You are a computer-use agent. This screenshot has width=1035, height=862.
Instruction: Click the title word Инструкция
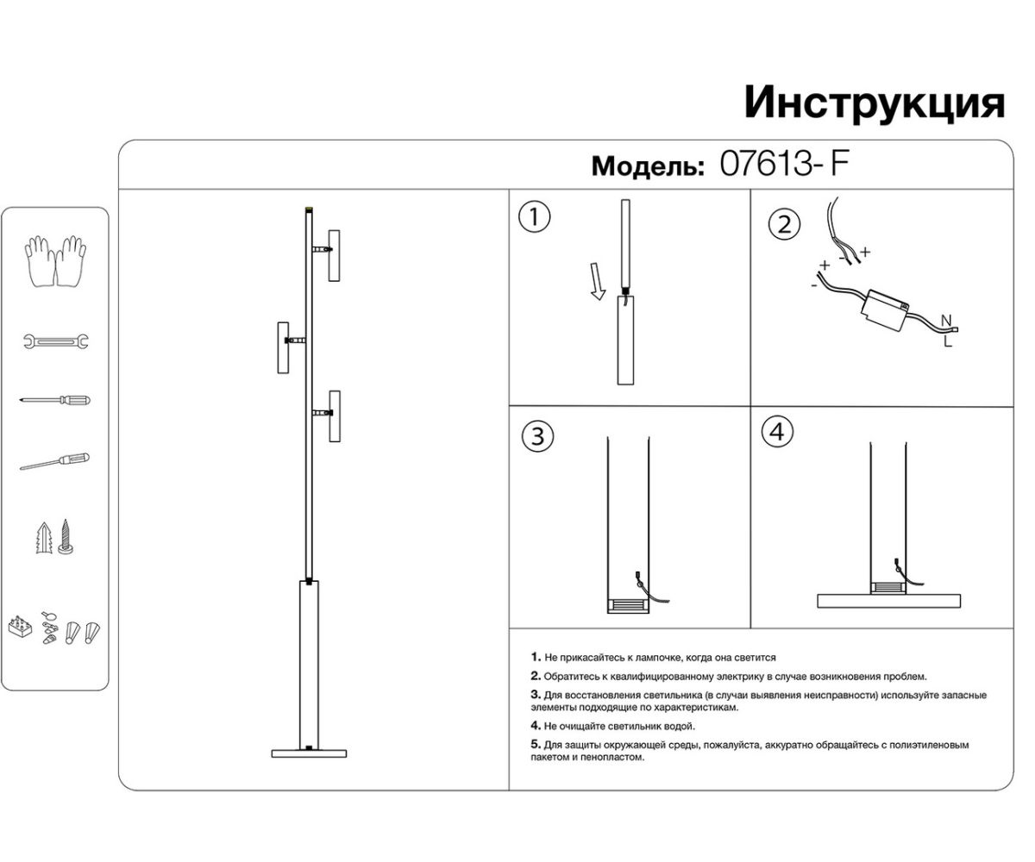tap(874, 103)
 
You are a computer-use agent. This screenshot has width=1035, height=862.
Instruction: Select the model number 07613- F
tap(784, 164)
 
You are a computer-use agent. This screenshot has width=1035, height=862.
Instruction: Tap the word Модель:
tap(648, 166)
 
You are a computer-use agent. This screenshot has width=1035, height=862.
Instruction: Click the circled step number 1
tap(534, 217)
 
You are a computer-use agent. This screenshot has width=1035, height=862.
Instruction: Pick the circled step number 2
tap(783, 226)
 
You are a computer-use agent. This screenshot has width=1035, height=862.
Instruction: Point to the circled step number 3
tap(537, 436)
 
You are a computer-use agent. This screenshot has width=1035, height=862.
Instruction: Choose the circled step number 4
tap(777, 432)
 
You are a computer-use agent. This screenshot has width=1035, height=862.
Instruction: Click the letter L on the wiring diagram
tap(947, 341)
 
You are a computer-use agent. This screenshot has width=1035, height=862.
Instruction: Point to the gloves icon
tap(55, 259)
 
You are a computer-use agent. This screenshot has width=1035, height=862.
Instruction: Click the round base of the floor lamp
tap(308, 753)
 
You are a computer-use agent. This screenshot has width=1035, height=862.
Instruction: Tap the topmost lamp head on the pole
tap(334, 255)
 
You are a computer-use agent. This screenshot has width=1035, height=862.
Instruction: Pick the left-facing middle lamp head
tap(282, 347)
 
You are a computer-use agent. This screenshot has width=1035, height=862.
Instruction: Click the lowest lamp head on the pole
tap(334, 416)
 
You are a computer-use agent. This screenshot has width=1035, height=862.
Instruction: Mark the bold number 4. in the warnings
tap(536, 726)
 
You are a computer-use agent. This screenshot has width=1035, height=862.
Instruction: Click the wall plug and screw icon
tap(54, 537)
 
